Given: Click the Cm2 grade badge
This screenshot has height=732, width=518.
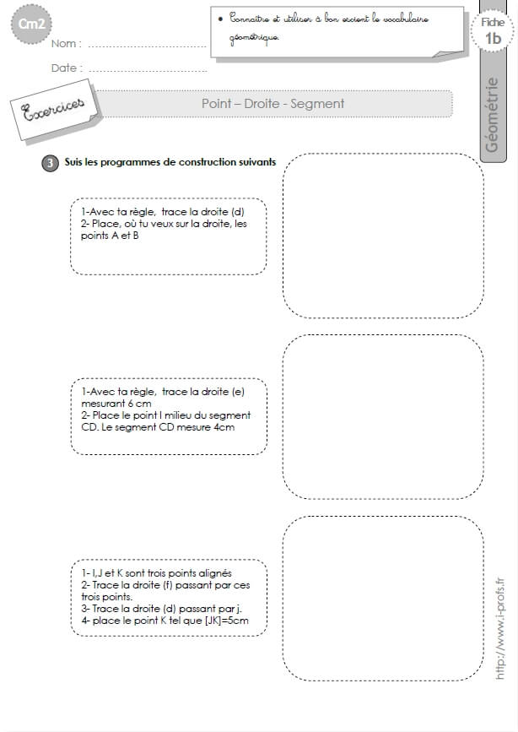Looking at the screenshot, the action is click(x=31, y=24).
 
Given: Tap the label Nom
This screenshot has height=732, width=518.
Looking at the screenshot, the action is click(x=64, y=43).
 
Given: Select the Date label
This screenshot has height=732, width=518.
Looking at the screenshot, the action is click(x=64, y=68).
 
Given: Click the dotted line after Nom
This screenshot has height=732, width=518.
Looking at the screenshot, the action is click(x=147, y=46).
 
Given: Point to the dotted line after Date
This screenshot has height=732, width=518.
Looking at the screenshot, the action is click(x=148, y=71).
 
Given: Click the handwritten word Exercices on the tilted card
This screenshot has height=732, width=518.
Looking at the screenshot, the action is click(x=54, y=109).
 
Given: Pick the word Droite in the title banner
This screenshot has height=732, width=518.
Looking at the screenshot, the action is click(x=262, y=104).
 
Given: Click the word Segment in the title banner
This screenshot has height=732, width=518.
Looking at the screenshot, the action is click(x=317, y=104).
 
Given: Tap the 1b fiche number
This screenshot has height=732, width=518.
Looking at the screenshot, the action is click(x=494, y=38).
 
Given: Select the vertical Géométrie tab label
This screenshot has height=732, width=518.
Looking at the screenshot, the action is click(x=492, y=115).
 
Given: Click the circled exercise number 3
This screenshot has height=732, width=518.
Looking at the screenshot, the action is click(x=50, y=163).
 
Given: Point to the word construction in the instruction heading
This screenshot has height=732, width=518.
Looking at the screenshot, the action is click(x=208, y=162).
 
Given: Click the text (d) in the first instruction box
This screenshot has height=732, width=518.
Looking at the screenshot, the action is click(x=238, y=212).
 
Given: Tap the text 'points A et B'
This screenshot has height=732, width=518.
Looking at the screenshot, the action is click(x=110, y=236).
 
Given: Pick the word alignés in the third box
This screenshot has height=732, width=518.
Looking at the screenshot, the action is click(x=215, y=574).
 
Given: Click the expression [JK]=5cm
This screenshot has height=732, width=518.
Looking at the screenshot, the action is click(x=227, y=621).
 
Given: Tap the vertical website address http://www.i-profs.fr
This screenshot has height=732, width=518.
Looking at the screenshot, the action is click(x=499, y=628).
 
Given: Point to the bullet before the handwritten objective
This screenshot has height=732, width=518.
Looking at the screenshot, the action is click(x=220, y=19).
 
